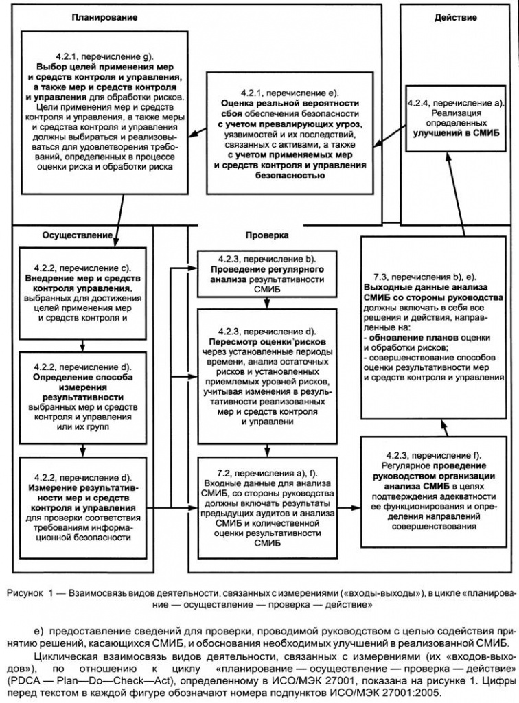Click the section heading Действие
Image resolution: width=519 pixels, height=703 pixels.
455,17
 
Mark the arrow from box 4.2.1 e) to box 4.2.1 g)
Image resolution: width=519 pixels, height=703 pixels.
198,130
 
